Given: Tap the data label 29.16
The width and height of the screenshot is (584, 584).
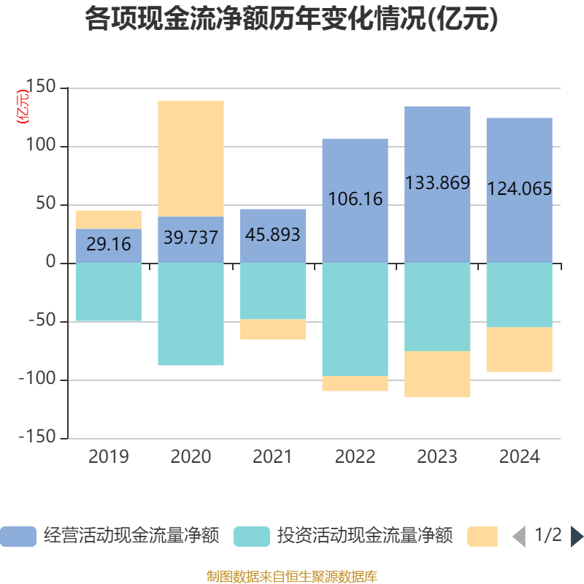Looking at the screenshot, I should pyautogui.click(x=109, y=244).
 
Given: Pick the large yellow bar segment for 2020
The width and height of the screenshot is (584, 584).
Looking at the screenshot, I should pyautogui.click(x=191, y=158).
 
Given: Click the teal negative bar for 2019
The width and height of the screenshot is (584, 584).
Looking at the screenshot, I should pyautogui.click(x=109, y=292).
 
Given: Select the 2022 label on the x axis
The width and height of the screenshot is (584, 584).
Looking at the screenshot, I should pyautogui.click(x=355, y=457).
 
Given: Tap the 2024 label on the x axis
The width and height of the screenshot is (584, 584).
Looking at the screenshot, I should pyautogui.click(x=519, y=457).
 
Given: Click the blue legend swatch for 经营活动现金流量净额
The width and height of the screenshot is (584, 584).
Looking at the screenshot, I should pyautogui.click(x=18, y=537).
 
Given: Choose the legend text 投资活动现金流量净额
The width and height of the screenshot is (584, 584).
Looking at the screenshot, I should pyautogui.click(x=365, y=537).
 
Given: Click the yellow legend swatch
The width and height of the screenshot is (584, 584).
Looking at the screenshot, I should pyautogui.click(x=482, y=537).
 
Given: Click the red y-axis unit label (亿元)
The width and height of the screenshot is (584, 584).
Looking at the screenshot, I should pyautogui.click(x=23, y=107).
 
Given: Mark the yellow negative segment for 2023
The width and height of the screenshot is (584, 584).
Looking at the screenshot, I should pyautogui.click(x=437, y=374).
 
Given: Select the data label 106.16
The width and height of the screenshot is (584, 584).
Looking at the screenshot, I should pyautogui.click(x=356, y=199).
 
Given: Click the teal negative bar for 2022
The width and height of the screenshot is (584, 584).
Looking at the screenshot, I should pyautogui.click(x=356, y=320).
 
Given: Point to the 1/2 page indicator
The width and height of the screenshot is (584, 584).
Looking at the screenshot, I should pyautogui.click(x=548, y=535).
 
